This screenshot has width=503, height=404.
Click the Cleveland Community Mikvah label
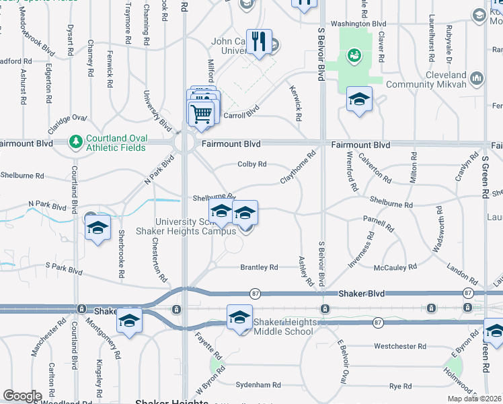[x=445, y=79]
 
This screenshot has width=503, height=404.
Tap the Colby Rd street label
[x=252, y=164]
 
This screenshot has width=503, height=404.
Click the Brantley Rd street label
[x=259, y=267]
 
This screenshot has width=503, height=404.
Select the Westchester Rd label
[x=400, y=346]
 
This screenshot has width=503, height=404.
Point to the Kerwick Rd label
[x=295, y=103]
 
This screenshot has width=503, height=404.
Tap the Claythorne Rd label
[x=298, y=168]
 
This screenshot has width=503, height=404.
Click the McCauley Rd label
[x=395, y=267]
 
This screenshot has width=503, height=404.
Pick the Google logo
[x=22, y=396]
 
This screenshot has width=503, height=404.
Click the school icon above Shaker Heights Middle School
[x=239, y=317]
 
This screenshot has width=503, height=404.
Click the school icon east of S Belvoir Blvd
[x=359, y=101]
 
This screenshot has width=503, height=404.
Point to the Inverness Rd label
[x=360, y=251]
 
